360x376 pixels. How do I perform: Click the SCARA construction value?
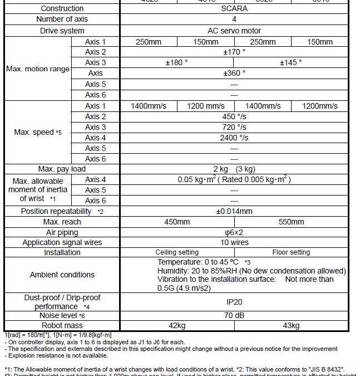click(234, 9)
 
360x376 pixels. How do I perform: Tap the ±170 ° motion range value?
click(234, 52)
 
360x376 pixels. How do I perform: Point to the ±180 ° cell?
click(177, 62)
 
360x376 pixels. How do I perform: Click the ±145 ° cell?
click(290, 62)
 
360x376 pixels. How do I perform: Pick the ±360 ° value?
click(234, 73)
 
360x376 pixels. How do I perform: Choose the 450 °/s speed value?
click(234, 116)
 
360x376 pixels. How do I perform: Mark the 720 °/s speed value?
click(234, 127)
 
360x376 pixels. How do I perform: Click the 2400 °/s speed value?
click(234, 138)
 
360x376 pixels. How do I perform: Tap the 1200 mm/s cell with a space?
click(206, 106)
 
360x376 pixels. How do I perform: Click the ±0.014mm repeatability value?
click(234, 211)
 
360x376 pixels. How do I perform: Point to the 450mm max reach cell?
click(177, 222)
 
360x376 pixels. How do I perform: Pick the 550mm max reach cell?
click(291, 222)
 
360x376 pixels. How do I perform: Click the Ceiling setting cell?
click(177, 252)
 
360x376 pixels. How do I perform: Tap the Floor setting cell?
click(291, 252)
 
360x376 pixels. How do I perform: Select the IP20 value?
click(234, 302)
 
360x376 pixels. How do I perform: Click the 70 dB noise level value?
click(234, 315)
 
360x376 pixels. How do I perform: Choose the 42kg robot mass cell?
click(177, 325)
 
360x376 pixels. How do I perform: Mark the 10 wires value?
click(234, 242)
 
